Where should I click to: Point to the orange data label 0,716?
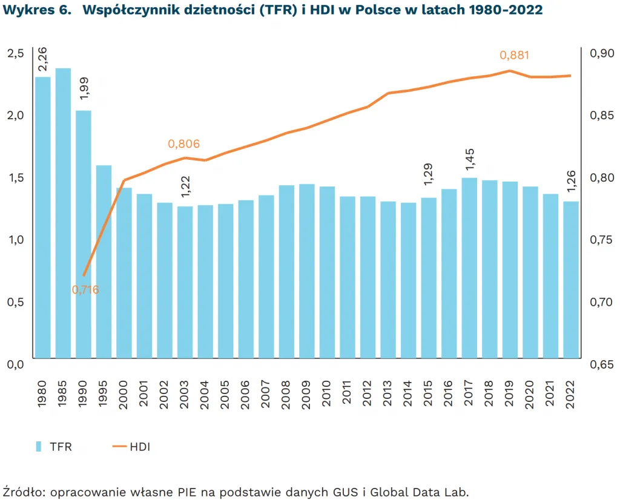[85, 290]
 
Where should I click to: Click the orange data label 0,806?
[184, 144]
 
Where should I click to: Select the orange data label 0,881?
[515, 56]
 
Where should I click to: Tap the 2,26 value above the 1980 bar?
[42, 61]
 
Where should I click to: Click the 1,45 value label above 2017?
[469, 160]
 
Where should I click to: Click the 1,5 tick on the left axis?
[15, 177]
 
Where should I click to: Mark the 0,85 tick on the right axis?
[601, 115]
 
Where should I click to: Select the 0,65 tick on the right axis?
[601, 364]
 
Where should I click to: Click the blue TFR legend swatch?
[39, 447]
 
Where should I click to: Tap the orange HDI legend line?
[119, 447]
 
